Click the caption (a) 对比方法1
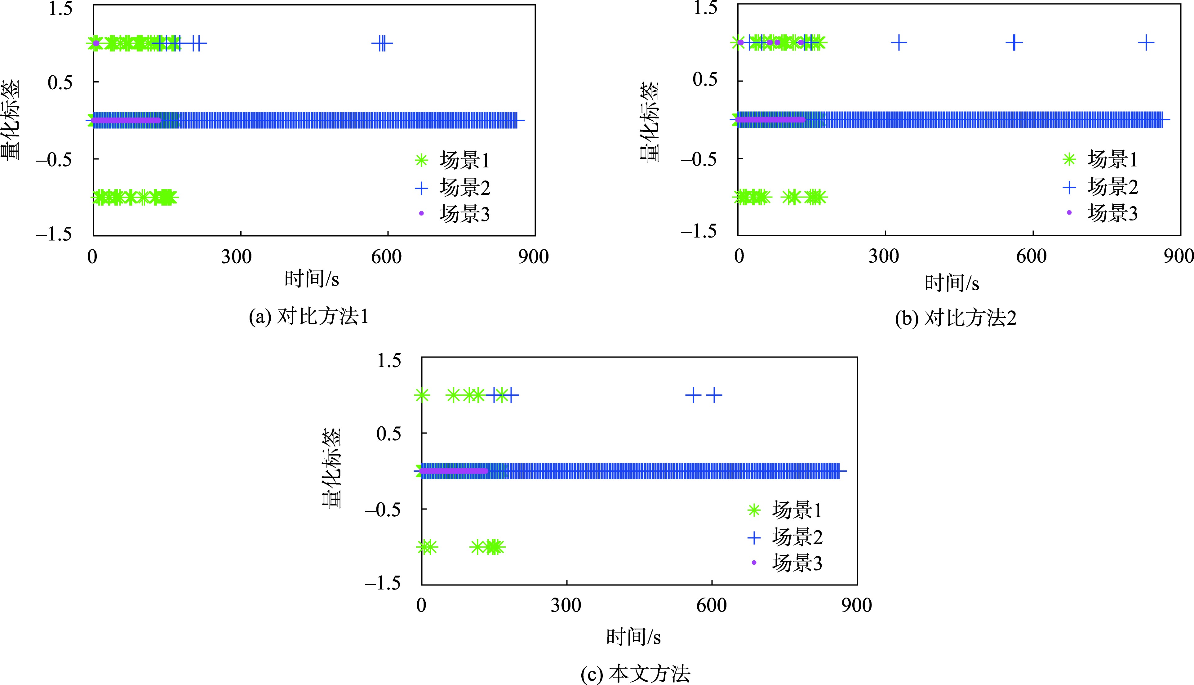(308, 317)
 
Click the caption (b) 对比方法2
(956, 318)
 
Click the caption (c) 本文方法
(635, 674)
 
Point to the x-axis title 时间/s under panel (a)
(311, 279)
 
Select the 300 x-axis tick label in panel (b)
(884, 256)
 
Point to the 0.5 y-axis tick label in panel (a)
(60, 82)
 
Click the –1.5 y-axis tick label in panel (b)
(699, 231)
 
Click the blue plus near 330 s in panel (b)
(899, 43)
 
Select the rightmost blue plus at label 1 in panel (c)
(714, 395)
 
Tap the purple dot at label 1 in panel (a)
(96, 44)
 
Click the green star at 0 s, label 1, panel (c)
(422, 395)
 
